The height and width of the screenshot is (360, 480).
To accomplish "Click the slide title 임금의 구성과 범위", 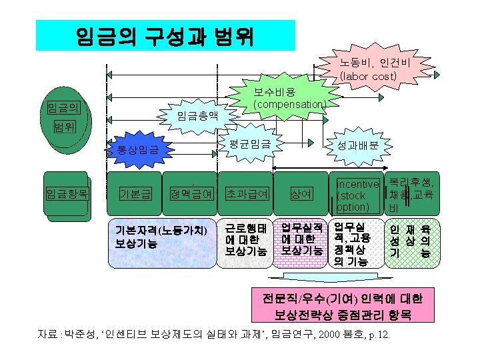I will click(165, 35).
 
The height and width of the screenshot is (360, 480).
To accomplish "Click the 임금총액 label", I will click(197, 115).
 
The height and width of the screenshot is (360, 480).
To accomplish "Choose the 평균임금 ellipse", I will click(249, 143).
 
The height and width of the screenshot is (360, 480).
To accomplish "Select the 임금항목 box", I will click(67, 194).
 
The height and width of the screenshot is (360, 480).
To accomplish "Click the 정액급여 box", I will click(191, 194).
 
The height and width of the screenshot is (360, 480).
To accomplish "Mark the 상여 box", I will click(301, 194).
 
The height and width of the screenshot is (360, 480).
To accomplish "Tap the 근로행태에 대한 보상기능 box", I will click(246, 238).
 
